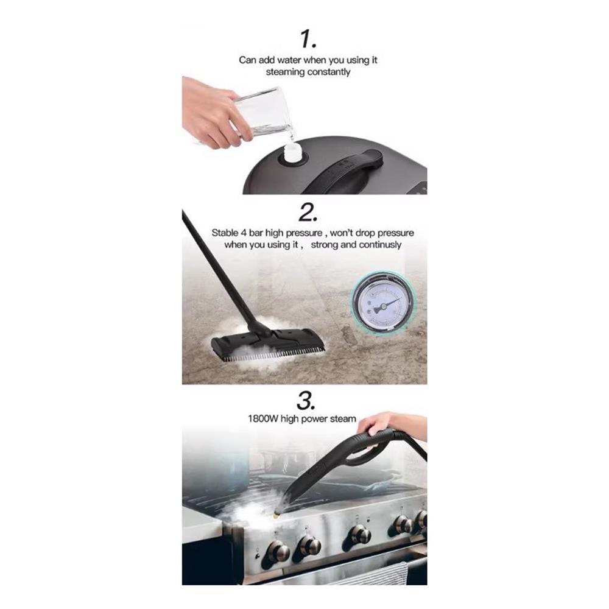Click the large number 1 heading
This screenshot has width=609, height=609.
tap(308, 39)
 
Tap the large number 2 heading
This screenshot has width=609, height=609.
tap(308, 213)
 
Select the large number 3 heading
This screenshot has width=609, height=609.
tap(306, 400)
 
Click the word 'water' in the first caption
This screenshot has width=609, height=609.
tap(288, 60)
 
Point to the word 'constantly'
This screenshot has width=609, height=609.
tap(329, 72)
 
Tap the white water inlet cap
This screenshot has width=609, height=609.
tap(292, 153)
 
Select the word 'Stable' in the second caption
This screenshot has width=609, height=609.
tap(225, 233)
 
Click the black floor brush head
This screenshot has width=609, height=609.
tap(267, 343)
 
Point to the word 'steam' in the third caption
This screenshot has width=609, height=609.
tap(343, 419)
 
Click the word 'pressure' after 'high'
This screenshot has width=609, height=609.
tap(304, 233)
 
